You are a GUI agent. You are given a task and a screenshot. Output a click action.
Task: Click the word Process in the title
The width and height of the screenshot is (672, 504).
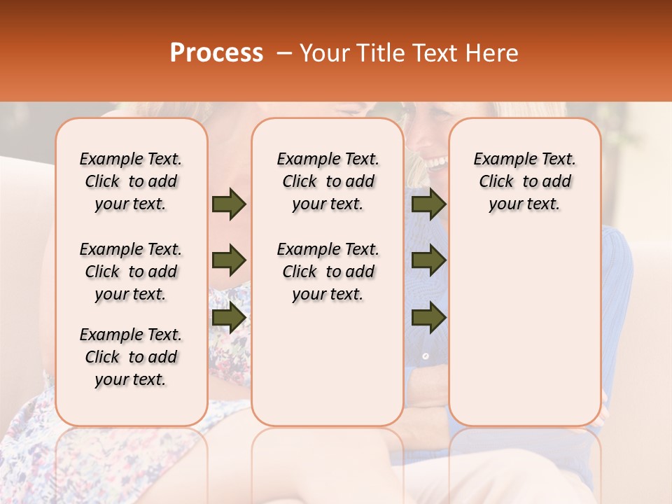pos(216,53)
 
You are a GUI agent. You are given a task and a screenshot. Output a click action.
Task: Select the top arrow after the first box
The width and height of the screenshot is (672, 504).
pos(229,204)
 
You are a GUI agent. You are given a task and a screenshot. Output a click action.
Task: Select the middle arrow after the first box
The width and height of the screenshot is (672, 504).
pos(229,261)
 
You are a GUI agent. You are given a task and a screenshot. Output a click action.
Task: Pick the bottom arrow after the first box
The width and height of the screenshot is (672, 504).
pos(229,318)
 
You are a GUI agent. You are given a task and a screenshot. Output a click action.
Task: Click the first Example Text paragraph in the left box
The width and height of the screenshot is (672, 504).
pos(131,181)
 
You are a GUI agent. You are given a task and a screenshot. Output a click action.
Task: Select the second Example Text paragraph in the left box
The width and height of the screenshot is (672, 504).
pos(131,272)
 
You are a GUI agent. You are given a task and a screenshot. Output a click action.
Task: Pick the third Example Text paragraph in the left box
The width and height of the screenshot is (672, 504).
pos(131,357)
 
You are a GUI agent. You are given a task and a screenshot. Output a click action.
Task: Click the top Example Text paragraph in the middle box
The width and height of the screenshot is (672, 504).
pos(328,181)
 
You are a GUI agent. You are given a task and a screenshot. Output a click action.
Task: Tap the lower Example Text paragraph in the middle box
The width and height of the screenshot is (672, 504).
pos(328,272)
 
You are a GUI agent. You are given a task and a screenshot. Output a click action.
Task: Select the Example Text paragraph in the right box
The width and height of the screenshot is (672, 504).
pos(524,181)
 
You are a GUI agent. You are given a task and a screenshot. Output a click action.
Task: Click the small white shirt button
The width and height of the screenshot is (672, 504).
pos(425,356)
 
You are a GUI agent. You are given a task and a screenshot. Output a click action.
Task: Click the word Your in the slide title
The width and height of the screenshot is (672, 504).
pos(320,53)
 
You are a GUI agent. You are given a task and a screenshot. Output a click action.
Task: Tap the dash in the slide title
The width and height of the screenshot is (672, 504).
pos(284,53)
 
